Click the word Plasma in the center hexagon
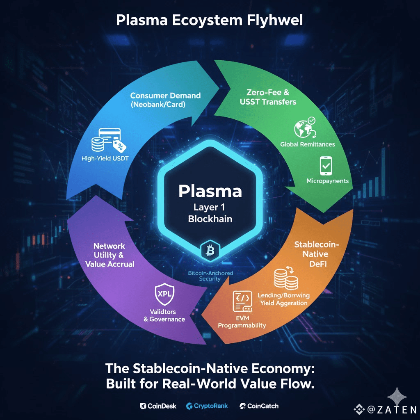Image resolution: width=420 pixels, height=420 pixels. [210, 191]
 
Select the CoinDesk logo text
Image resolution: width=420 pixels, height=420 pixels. [158, 406]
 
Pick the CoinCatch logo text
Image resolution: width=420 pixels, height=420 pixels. [259, 406]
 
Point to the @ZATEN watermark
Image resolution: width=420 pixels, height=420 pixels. [386, 409]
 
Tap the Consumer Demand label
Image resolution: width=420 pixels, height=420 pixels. [165, 96]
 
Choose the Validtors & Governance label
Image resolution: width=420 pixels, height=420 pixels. [164, 315]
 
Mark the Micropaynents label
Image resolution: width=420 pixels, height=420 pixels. [327, 181]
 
